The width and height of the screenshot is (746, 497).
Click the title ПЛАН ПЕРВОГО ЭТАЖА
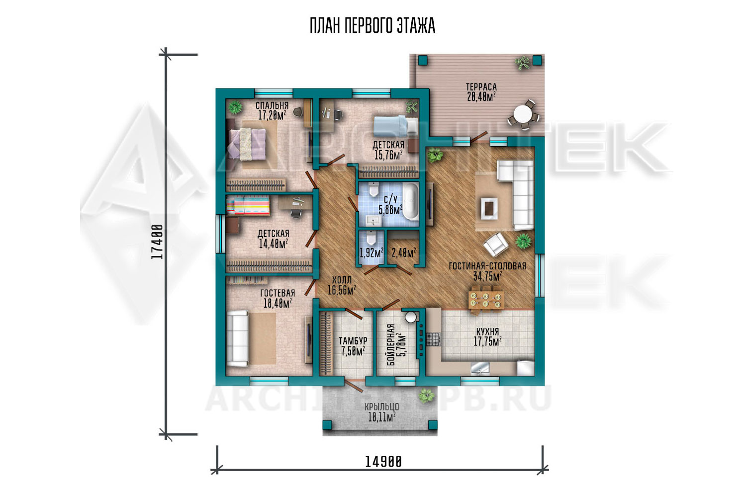coord(373,26)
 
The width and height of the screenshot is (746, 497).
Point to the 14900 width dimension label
coord(383,462)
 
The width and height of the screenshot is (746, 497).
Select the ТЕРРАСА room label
coord(481,87)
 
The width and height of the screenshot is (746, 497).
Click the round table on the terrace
coord(523,114)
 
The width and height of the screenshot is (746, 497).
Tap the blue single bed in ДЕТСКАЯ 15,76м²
coord(396,126)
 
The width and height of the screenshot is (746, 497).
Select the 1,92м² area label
coord(372,253)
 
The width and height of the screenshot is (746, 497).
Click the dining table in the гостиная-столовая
coord(486,300)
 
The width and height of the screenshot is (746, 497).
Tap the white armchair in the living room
coord(496,245)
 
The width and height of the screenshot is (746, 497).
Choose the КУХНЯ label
coord(487,331)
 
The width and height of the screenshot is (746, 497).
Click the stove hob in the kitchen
coord(433,339)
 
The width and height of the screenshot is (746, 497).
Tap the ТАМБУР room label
coord(353,341)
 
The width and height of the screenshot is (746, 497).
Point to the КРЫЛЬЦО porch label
coord(381,407)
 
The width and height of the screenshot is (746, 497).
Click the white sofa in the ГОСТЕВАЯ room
coord(237,338)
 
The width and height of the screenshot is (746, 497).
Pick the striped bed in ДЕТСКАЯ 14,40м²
coord(248,205)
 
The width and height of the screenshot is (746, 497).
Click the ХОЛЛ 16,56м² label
coord(342,286)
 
